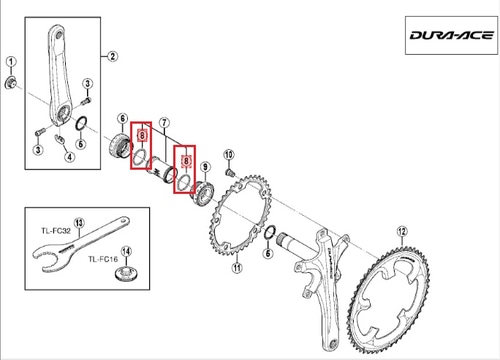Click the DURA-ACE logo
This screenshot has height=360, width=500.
(x=452, y=35)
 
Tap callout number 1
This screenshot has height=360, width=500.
(x=11, y=62)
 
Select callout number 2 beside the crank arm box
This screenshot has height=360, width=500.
(x=112, y=56)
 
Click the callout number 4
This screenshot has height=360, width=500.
(x=69, y=156)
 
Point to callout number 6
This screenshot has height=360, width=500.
(x=123, y=118)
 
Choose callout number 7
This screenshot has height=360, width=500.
(x=164, y=123)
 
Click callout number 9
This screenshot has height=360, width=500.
(x=205, y=166)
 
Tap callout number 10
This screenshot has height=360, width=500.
(x=229, y=155)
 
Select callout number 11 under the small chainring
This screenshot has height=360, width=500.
(x=237, y=268)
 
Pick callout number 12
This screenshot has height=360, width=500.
(x=402, y=231)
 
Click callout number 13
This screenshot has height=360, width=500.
(x=79, y=223)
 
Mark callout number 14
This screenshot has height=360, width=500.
(x=126, y=252)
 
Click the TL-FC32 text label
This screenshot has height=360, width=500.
(x=56, y=231)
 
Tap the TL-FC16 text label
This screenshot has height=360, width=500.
(x=103, y=259)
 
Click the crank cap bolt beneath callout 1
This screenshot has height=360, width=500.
(x=10, y=83)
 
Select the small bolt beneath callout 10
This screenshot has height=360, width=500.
(x=230, y=172)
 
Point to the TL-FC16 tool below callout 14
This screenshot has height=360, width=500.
(x=127, y=274)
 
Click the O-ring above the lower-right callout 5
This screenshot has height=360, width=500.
(x=270, y=232)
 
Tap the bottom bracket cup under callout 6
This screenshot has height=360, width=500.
(x=120, y=147)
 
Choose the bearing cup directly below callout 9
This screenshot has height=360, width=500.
(x=202, y=194)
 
